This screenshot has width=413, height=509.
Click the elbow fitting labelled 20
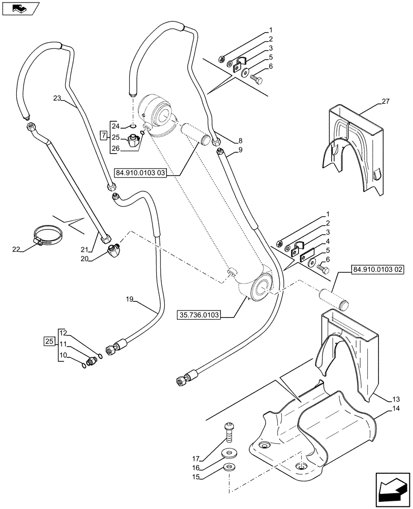coord(115,250)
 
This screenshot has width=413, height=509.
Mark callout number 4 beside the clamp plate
coord(328,241)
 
